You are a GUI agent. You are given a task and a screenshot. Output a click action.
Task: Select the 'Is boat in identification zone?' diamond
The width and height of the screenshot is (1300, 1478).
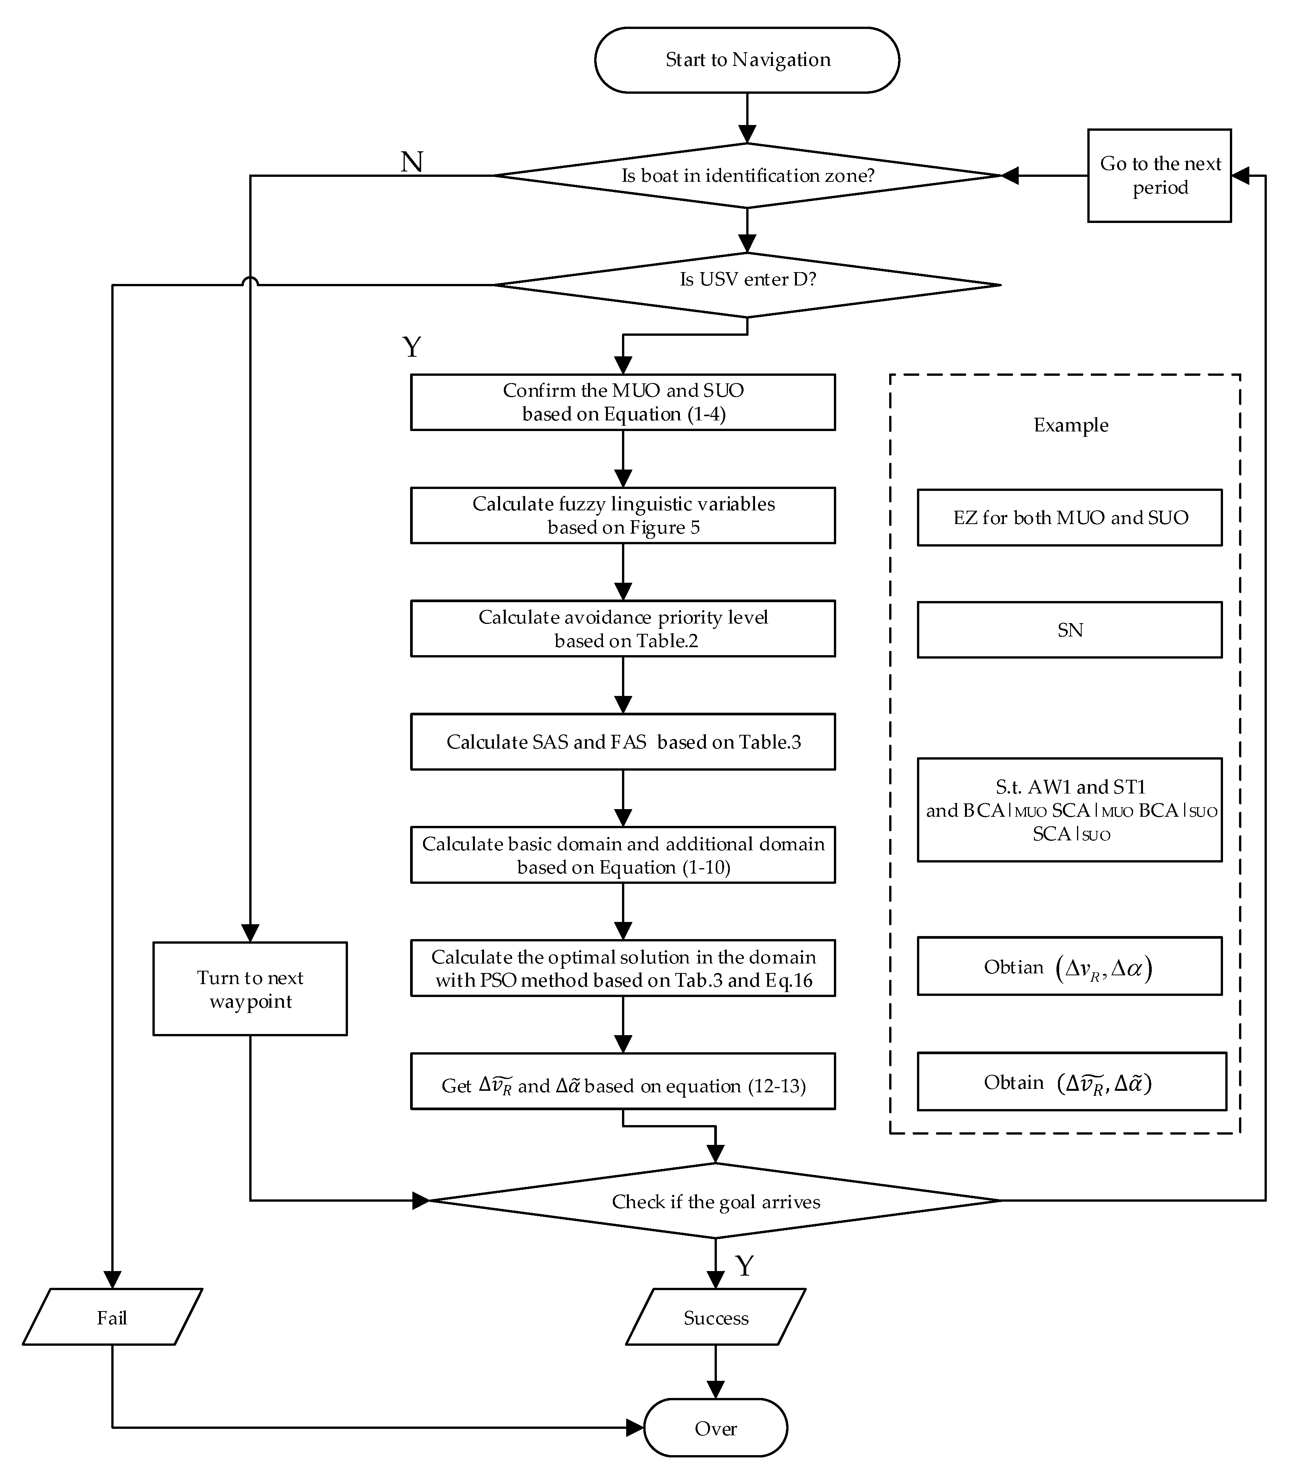(747, 176)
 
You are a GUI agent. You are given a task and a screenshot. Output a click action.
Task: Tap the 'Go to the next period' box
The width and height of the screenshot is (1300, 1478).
(1159, 176)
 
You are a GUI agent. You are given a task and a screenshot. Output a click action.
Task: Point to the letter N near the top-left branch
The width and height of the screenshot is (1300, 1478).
(411, 162)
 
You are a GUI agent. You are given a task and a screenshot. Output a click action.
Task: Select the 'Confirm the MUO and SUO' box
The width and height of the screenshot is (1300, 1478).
(622, 402)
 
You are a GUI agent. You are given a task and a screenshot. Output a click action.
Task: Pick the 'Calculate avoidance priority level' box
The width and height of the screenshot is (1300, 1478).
(622, 628)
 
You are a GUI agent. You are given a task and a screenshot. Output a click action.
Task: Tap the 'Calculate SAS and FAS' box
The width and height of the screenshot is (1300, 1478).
(622, 742)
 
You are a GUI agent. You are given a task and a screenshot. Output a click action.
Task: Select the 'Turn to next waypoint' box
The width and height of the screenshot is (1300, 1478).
(250, 989)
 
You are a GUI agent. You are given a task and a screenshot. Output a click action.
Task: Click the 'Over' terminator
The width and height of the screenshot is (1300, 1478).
(715, 1428)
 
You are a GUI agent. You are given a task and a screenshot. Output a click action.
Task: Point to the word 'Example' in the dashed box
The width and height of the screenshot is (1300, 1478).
(1070, 425)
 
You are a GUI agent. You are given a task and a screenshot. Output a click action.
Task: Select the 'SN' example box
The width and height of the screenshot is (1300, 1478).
(1069, 630)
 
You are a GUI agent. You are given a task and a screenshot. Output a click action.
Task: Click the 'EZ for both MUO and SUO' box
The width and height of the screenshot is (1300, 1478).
(1069, 518)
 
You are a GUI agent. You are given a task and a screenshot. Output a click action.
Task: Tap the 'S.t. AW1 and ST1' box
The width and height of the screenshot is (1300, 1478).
(1069, 810)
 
